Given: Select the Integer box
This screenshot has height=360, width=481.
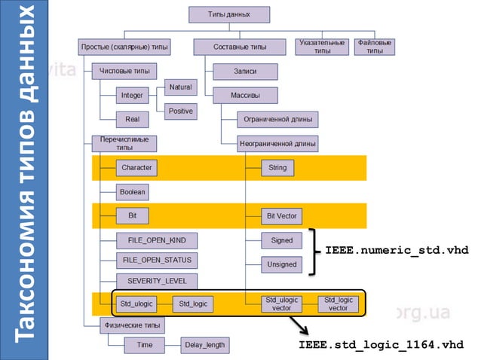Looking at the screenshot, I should (x=132, y=96).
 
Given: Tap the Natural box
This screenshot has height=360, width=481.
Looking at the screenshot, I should (x=180, y=87).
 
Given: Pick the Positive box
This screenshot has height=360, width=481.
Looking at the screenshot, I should (x=180, y=111).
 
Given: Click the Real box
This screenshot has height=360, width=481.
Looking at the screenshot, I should (x=132, y=119).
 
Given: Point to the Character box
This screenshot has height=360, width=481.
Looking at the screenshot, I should (x=136, y=167).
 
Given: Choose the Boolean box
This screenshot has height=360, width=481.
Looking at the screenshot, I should (x=132, y=192).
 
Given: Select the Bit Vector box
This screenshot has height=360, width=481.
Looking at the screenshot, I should (x=281, y=216).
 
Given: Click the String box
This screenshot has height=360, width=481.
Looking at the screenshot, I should (x=277, y=167).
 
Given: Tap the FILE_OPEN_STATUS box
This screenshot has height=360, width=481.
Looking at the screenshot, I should (x=156, y=261).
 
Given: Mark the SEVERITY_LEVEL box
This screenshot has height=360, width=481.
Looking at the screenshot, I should (x=156, y=282).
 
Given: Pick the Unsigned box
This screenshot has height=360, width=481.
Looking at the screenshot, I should (x=280, y=264).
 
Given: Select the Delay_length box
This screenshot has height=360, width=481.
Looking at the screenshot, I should (x=204, y=345).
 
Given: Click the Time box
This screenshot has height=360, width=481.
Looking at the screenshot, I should (x=145, y=345).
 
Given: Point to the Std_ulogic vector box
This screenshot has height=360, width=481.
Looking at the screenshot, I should (x=281, y=304).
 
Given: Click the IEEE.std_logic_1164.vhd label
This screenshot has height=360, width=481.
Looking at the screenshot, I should (x=381, y=345).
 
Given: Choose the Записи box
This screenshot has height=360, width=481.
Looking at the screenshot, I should (x=245, y=72).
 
